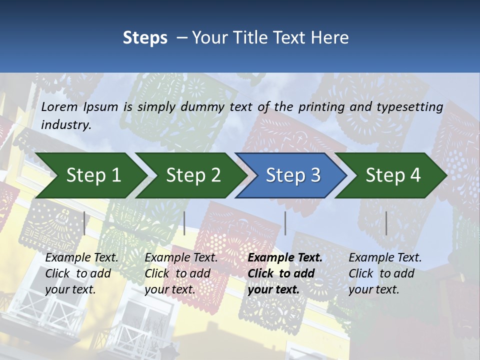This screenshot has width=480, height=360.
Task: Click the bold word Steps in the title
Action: [145, 38]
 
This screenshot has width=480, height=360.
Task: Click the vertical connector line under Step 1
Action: [84, 223]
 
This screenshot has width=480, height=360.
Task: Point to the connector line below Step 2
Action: [184, 223]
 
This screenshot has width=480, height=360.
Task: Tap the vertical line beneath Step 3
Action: [285, 223]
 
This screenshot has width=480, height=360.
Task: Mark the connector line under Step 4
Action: [386, 223]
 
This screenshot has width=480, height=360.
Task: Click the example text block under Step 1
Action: [81, 273]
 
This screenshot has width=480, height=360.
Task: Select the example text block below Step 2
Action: [181, 273]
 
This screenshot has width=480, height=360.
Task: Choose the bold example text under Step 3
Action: [285, 273]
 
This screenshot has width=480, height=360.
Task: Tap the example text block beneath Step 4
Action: [385, 273]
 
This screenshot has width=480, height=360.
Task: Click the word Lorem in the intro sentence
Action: [59, 106]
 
